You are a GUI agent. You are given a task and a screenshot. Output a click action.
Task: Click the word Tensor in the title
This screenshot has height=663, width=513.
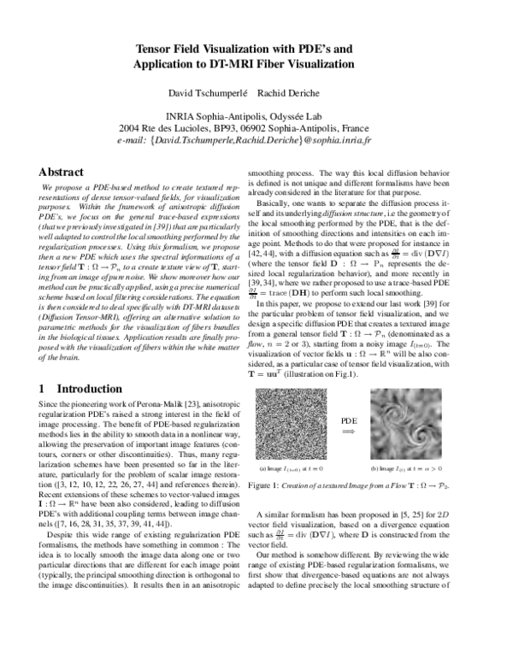coord(153,50)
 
